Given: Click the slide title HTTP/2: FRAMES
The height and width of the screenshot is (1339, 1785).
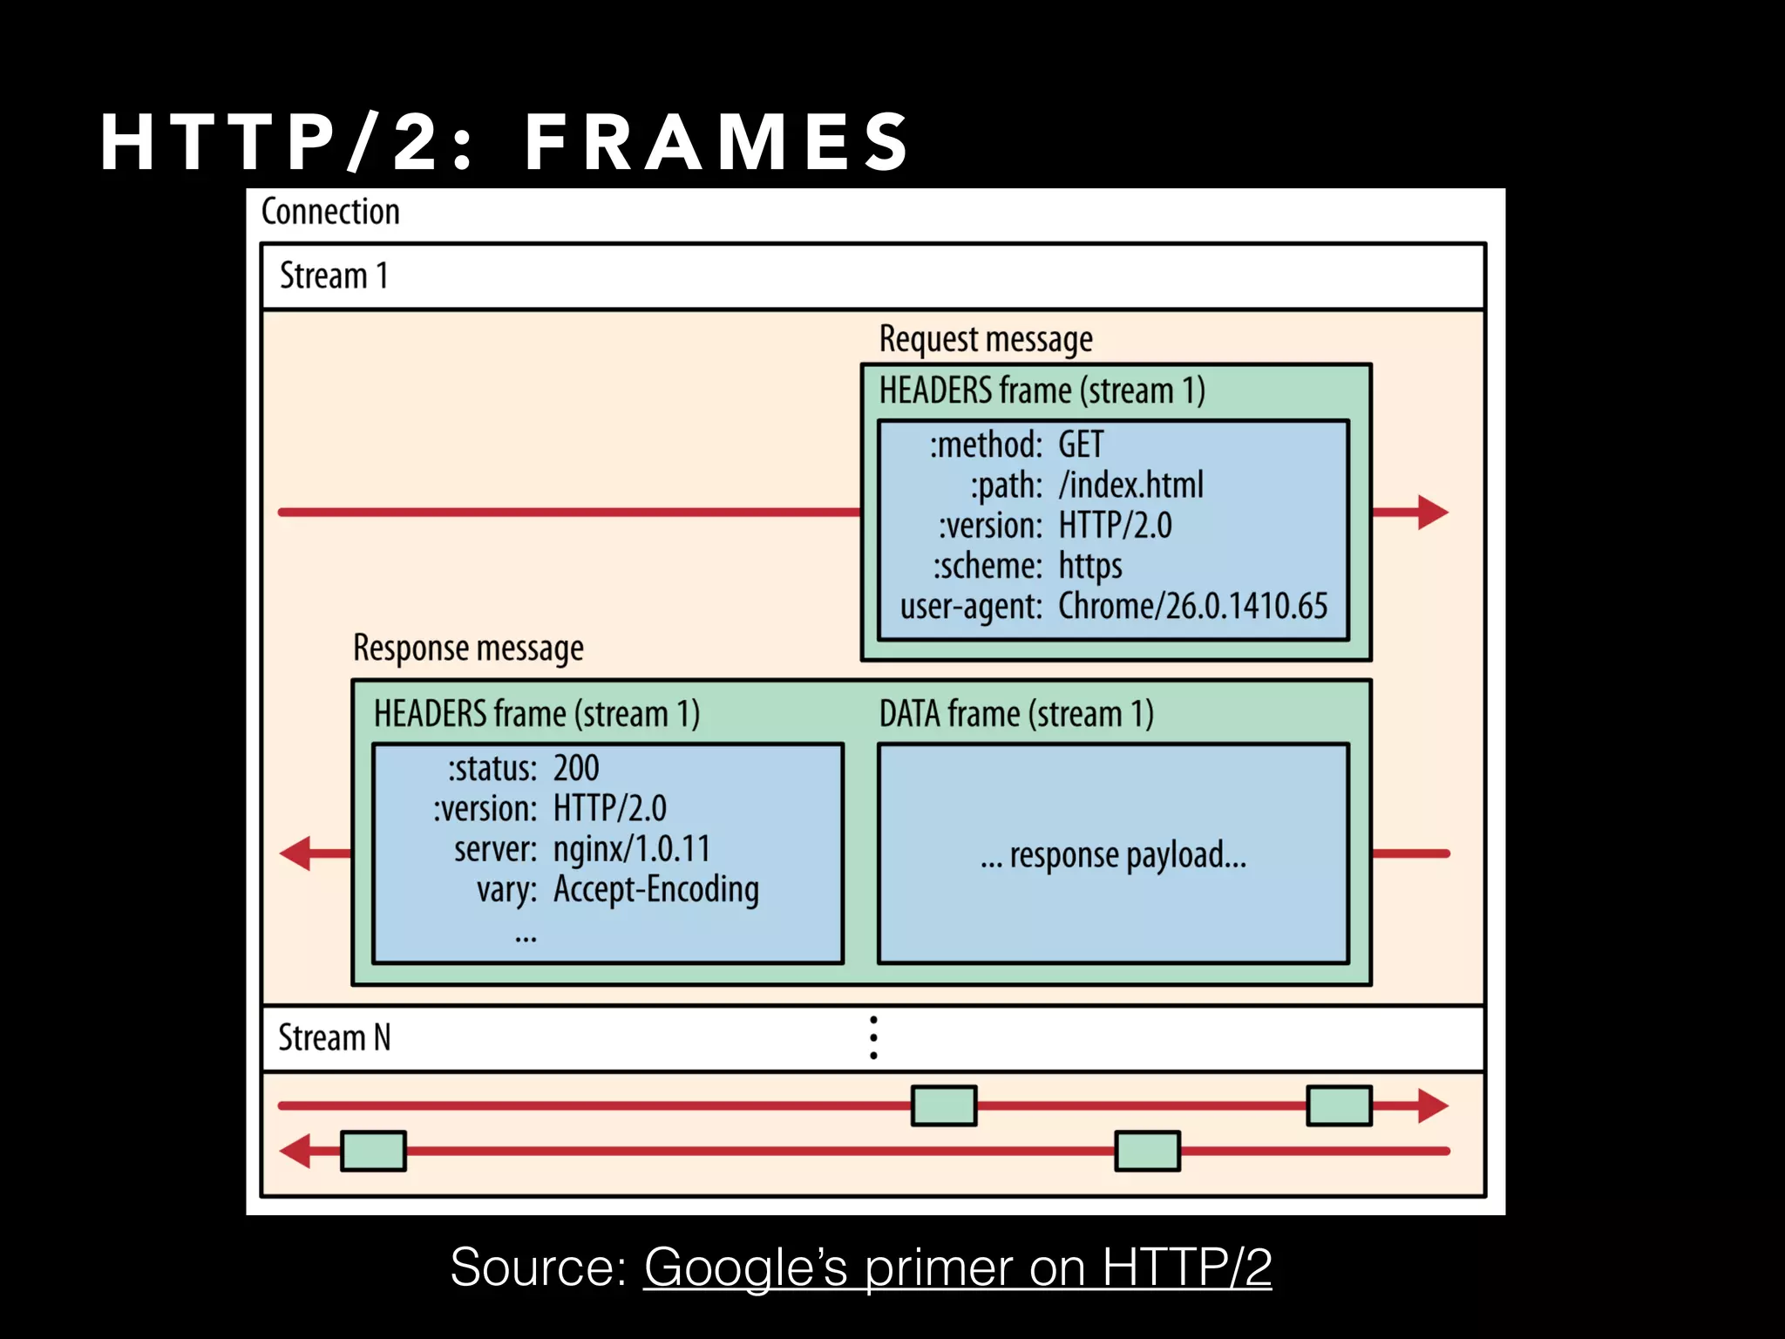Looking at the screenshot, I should (505, 141).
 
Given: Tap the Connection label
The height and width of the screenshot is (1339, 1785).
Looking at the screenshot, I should (330, 212).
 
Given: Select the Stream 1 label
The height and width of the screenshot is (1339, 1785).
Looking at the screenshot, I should (334, 276).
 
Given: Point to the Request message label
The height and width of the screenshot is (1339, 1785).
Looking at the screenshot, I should (985, 339).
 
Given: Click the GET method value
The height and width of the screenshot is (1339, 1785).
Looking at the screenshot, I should (1080, 445).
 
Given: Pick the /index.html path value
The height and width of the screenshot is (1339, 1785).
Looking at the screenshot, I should (1130, 486).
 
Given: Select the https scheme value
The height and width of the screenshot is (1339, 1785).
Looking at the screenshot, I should (1089, 567).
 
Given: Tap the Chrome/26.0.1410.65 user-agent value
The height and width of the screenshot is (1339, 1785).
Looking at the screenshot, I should (1192, 607).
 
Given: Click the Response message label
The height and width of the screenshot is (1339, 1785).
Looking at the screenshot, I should (468, 649).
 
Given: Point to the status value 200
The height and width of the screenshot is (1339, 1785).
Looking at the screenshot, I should (576, 769).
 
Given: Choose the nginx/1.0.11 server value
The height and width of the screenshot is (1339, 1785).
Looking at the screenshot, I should (632, 849).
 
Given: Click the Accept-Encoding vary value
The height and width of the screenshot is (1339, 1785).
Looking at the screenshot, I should (655, 890).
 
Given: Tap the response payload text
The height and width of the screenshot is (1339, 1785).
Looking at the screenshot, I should (1113, 855).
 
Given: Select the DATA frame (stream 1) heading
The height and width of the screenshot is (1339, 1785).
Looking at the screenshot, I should (1015, 714).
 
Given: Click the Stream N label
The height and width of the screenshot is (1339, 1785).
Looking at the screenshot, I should (334, 1038).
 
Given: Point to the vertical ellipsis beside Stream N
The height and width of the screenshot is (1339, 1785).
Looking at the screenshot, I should (873, 1037).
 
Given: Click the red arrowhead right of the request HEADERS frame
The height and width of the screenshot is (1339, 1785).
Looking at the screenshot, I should (1431, 513).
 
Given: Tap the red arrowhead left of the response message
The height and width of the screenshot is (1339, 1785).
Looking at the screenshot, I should (296, 853).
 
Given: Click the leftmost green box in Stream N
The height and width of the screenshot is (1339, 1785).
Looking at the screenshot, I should (373, 1151).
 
